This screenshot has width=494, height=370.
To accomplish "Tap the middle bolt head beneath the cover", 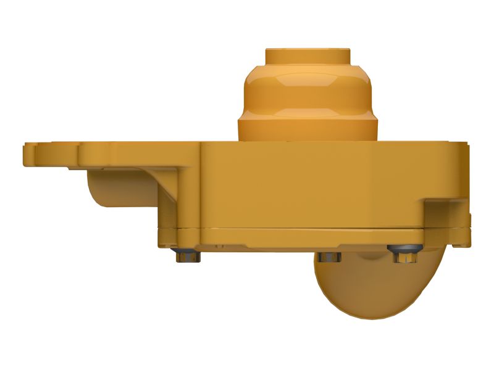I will (x=330, y=257).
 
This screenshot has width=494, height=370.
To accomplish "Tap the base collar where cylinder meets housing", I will (x=308, y=129).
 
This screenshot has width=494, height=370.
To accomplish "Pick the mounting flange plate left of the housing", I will (x=111, y=154).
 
